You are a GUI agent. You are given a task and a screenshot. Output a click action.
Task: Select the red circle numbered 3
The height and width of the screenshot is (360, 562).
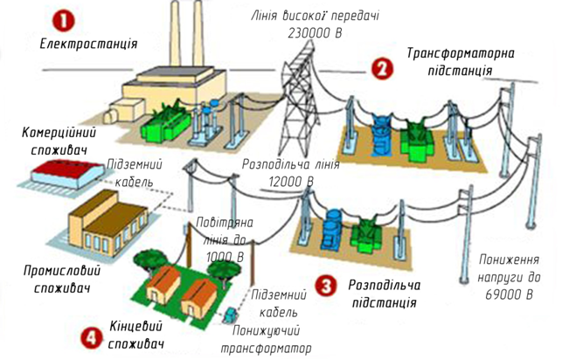pos(325,286)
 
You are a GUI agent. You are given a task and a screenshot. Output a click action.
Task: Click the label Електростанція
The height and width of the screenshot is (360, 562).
pos(89,43)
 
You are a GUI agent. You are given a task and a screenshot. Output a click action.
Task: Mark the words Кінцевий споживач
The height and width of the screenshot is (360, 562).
pos(139,333)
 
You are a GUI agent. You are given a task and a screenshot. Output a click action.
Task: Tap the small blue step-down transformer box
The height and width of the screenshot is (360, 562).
pos(229,314)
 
